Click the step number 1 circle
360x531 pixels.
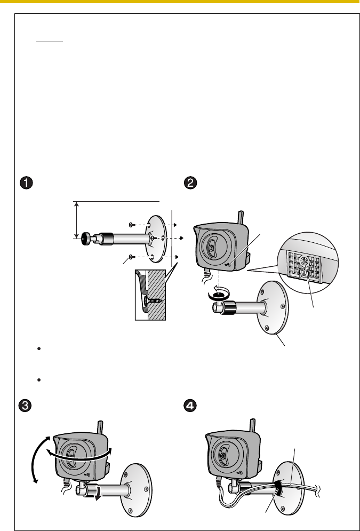(26, 182)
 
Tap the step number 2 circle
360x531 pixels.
(189, 182)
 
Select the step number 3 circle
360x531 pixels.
(26, 405)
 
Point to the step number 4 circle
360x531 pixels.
(189, 405)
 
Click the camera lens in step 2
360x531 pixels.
(212, 248)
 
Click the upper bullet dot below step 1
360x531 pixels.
(39, 347)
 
